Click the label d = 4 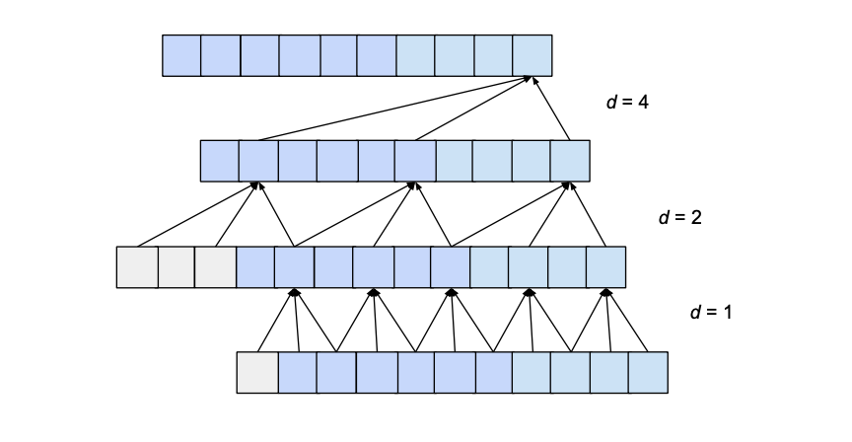pos(626,102)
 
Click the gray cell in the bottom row pos(257,372)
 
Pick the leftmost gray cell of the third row pos(137,266)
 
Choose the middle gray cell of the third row pos(177,266)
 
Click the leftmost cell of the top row pos(181,55)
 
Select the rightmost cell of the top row pos(532,55)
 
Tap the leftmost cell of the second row pos(220,161)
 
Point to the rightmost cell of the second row pos(570,161)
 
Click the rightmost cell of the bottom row pos(648,372)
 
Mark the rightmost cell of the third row pos(606,266)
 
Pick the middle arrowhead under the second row pos(413,185)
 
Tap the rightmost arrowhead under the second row pos(569,185)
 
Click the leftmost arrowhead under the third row pos(294,292)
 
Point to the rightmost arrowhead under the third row pos(606,292)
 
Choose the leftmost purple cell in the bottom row pos(297,372)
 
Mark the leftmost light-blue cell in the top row pos(415,55)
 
